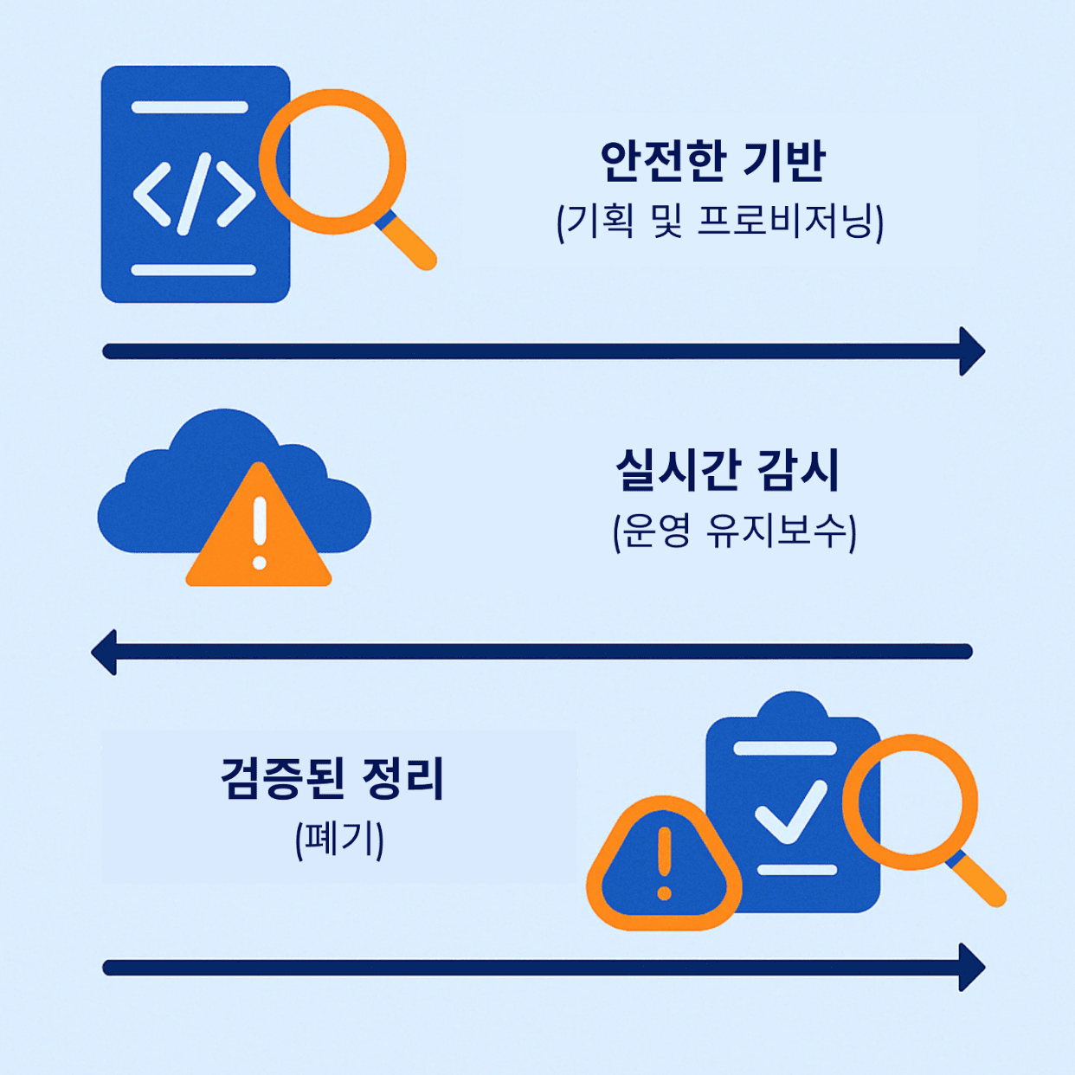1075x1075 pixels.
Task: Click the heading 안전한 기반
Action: (712, 162)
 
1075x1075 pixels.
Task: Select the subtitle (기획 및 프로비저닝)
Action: (719, 222)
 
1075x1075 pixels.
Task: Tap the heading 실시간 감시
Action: (727, 471)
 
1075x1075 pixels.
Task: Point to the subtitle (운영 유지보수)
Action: (734, 531)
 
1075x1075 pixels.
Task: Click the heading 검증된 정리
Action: (332, 778)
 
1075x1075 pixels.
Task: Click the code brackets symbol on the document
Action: (194, 194)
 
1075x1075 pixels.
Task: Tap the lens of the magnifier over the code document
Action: (333, 162)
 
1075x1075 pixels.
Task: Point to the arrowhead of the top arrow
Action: (973, 351)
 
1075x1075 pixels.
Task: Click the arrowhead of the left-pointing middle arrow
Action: (104, 652)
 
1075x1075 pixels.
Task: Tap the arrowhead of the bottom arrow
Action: (973, 967)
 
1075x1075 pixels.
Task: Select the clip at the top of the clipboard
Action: (792, 708)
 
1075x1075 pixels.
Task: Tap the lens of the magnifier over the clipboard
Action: (910, 801)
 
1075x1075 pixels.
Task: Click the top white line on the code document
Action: (190, 107)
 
